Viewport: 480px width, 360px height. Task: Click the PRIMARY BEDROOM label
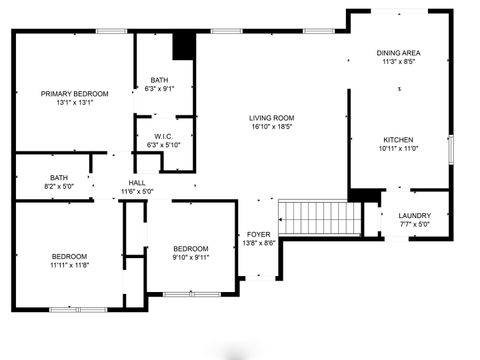pos(75,93)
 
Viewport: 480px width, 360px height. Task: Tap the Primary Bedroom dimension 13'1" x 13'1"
pos(75,102)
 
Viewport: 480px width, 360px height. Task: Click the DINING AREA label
pos(397,53)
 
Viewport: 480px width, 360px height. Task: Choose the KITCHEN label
pos(397,139)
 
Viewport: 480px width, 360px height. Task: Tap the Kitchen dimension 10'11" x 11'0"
pos(397,148)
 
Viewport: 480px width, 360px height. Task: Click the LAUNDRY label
pos(414,216)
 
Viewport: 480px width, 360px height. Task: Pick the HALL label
pos(137,182)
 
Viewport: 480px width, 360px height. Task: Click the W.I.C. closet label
pos(164,136)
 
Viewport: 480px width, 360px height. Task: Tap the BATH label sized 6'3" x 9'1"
pos(159,80)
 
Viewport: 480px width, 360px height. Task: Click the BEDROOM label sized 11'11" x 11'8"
pos(69,256)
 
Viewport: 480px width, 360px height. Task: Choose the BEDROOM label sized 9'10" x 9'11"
pos(190,248)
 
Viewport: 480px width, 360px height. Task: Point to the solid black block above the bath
pos(184,46)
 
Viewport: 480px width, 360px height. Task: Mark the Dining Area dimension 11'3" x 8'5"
pos(397,62)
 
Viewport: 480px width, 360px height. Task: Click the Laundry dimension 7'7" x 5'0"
pos(414,225)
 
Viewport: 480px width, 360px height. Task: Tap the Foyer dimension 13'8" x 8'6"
pos(258,243)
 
